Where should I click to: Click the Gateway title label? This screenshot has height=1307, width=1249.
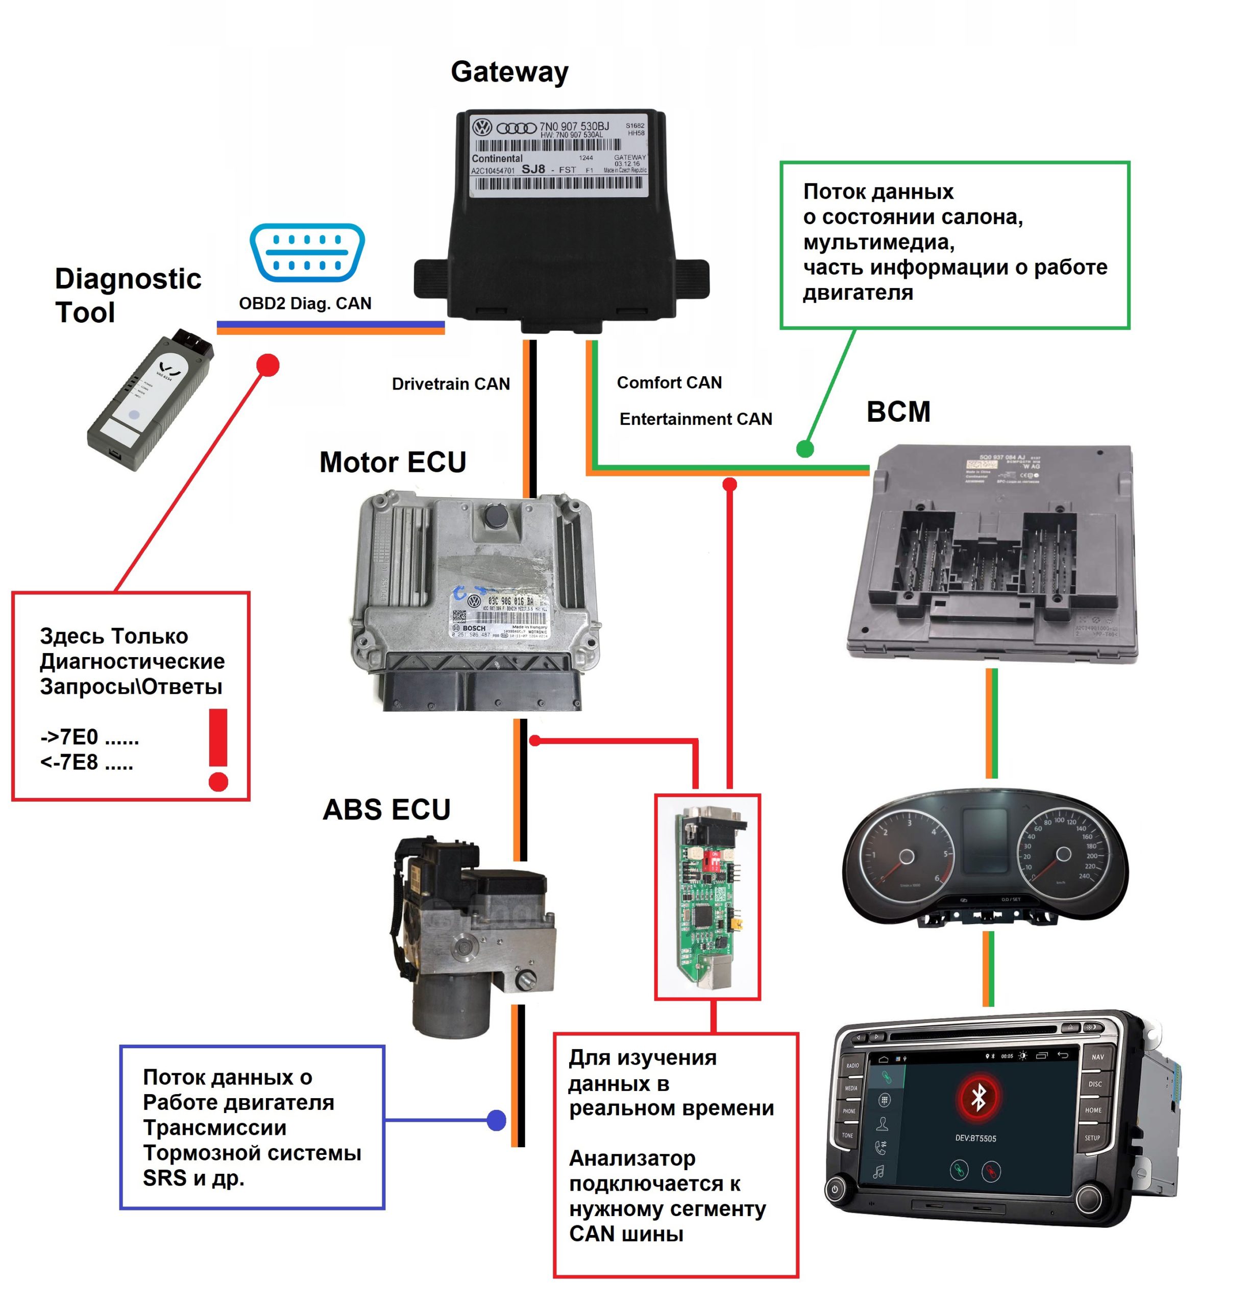click(509, 72)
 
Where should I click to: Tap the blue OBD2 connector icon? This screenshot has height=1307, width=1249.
click(307, 252)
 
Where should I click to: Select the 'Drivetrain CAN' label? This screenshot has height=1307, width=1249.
click(451, 384)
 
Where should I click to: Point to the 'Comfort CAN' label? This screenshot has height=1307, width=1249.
click(669, 383)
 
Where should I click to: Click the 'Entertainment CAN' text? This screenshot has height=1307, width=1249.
click(696, 419)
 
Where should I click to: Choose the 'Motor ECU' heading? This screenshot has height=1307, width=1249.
click(393, 462)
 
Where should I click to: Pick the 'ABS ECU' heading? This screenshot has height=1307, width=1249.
click(386, 810)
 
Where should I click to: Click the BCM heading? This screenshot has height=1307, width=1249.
click(898, 412)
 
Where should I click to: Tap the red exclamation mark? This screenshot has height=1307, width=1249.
click(218, 749)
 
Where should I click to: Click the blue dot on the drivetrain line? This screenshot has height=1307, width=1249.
click(496, 1121)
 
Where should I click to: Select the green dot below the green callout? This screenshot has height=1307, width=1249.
click(805, 449)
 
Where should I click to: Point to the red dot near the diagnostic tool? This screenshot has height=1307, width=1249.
click(268, 365)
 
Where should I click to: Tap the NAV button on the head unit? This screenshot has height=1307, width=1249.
click(1097, 1057)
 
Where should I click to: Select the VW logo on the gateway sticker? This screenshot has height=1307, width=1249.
click(481, 127)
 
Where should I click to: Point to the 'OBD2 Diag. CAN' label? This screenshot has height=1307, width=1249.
click(305, 304)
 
